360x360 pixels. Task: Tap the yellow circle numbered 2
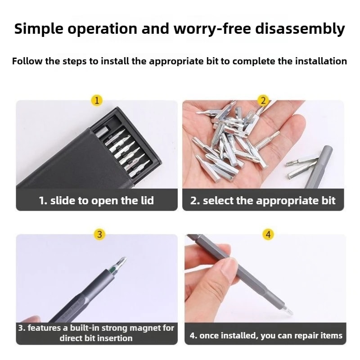[x=263, y=100]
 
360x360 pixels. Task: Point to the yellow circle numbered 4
[x=268, y=234]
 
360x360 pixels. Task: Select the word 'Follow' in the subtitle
[x=27, y=61]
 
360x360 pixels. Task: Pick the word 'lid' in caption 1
[x=146, y=201]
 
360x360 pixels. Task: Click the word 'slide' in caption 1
[x=63, y=201]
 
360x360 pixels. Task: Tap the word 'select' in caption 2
[x=218, y=201]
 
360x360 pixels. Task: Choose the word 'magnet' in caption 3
[x=158, y=328]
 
